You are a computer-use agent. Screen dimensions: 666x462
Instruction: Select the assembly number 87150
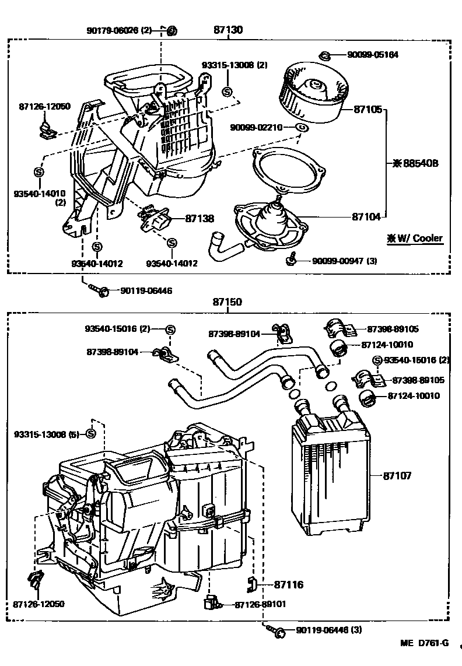coord(227,303)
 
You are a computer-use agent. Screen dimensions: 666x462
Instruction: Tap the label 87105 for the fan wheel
coord(367,108)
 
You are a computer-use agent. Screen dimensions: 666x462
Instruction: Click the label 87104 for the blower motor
coord(366,216)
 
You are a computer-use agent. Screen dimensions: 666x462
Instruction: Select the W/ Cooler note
coord(414,238)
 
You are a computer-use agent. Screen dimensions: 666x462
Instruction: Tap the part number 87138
coord(199,218)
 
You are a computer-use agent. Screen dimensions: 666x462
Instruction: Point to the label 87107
coord(397,476)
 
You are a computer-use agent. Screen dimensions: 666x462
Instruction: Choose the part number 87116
coord(289,584)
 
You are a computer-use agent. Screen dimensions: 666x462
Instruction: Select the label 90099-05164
coord(373,55)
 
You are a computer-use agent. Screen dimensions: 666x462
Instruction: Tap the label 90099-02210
coord(256,127)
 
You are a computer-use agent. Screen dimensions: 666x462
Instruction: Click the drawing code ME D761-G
coord(424,643)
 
